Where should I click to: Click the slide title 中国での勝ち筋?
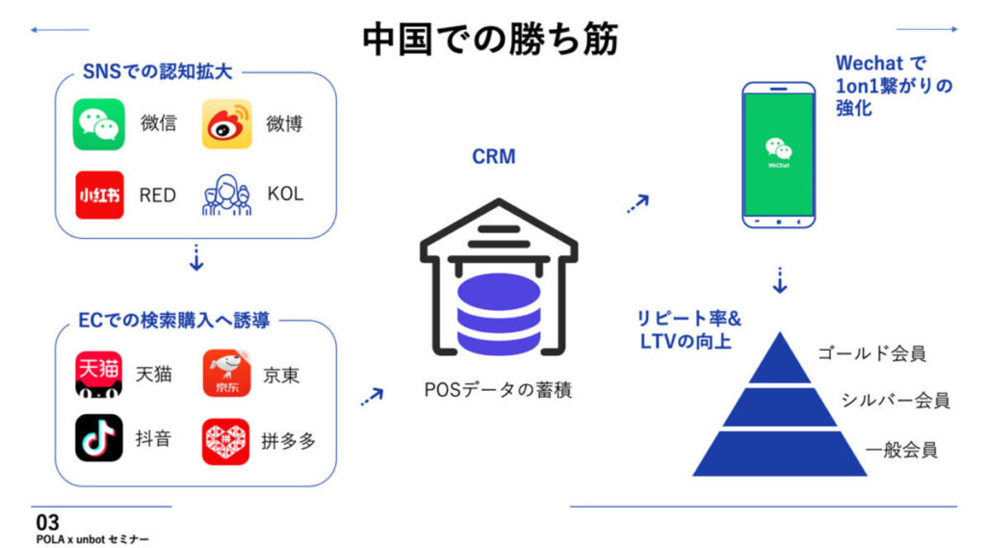[x=490, y=39]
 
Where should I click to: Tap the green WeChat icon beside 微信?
[x=98, y=123]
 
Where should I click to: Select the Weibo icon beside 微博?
[x=227, y=123]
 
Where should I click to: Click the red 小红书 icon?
[x=98, y=195]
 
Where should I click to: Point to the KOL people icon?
[x=226, y=194]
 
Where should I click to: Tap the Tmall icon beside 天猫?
[x=98, y=374]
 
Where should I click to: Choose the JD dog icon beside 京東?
[x=227, y=374]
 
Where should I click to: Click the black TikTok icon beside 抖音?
[x=98, y=438]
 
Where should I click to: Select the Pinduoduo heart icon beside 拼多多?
[x=226, y=441]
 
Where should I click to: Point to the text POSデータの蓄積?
[x=498, y=392]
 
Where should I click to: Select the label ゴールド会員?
[x=871, y=353]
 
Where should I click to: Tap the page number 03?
[x=46, y=521]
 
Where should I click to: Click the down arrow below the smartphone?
[x=780, y=280]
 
